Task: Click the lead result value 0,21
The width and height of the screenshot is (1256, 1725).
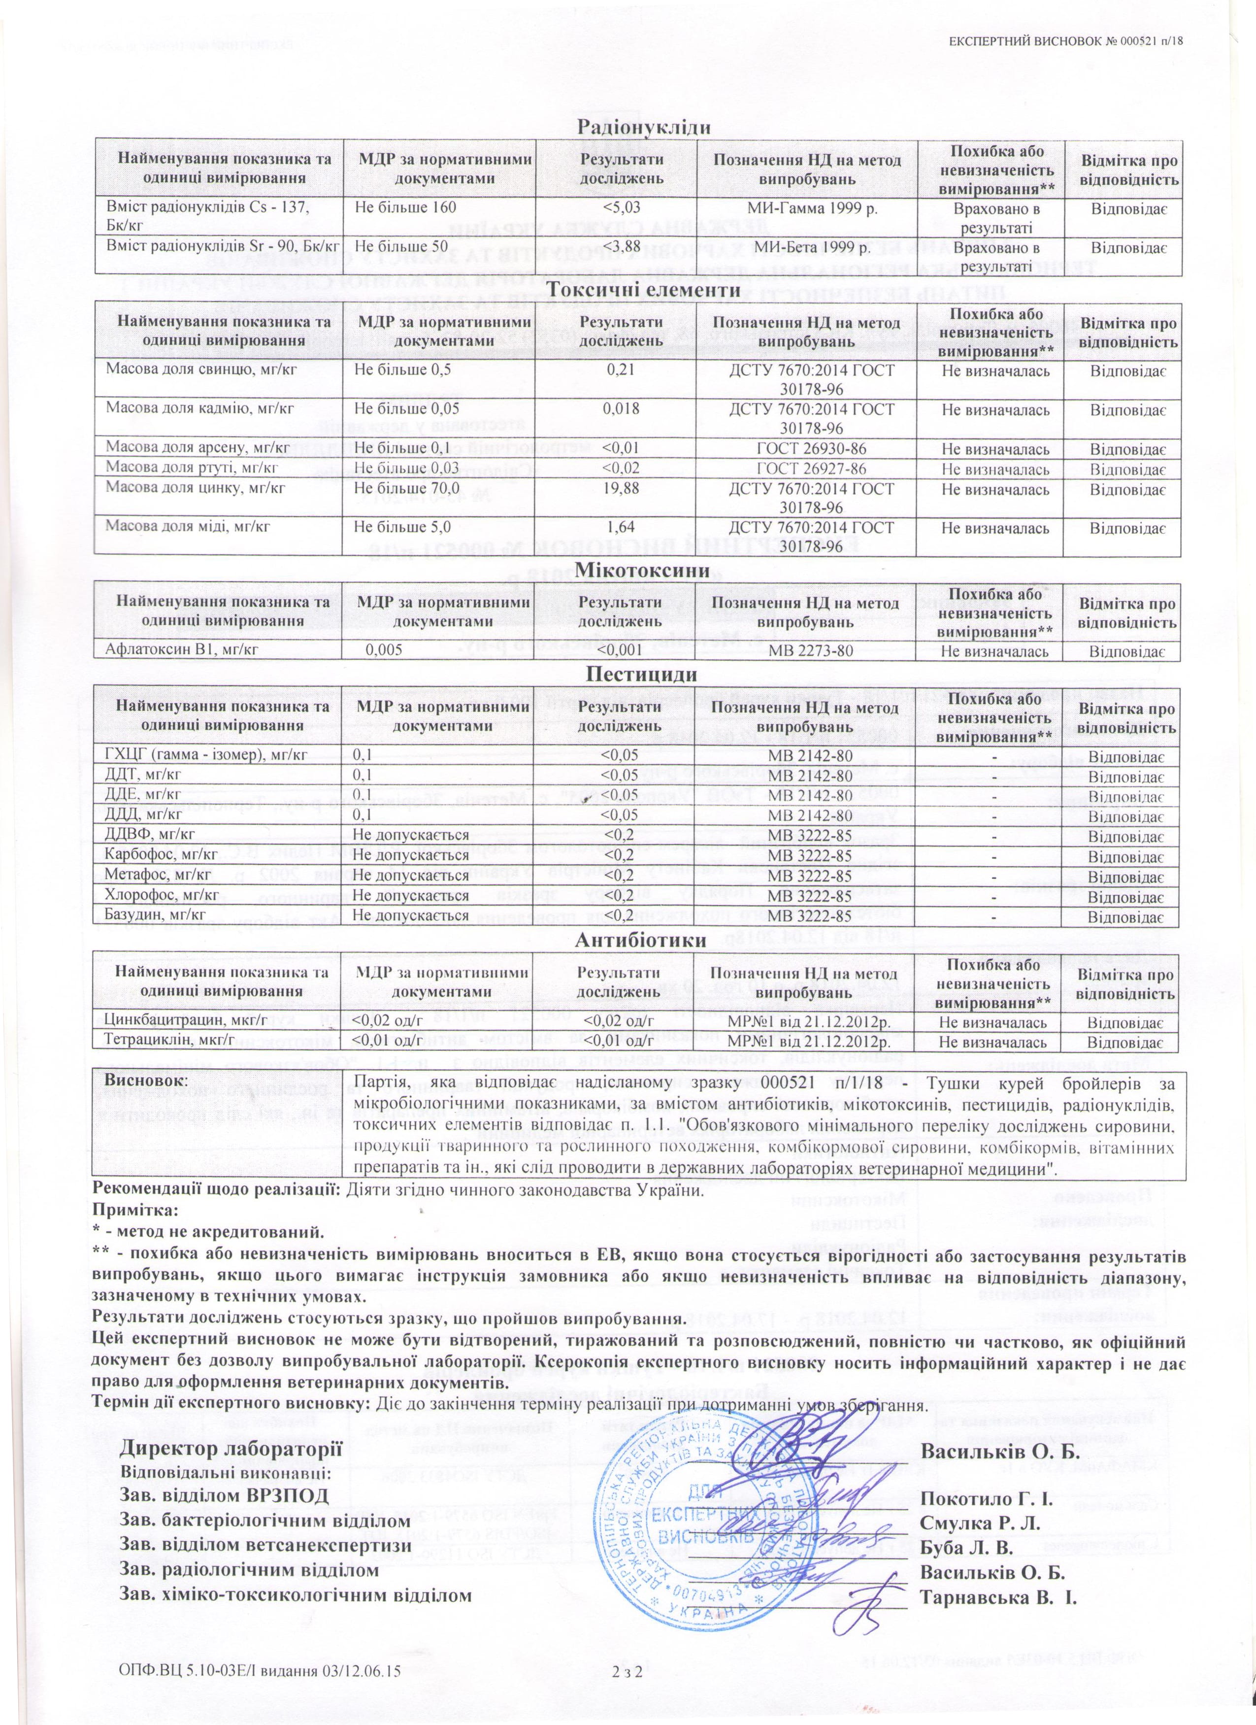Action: [x=617, y=371]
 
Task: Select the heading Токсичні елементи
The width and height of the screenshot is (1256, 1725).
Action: [x=644, y=291]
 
